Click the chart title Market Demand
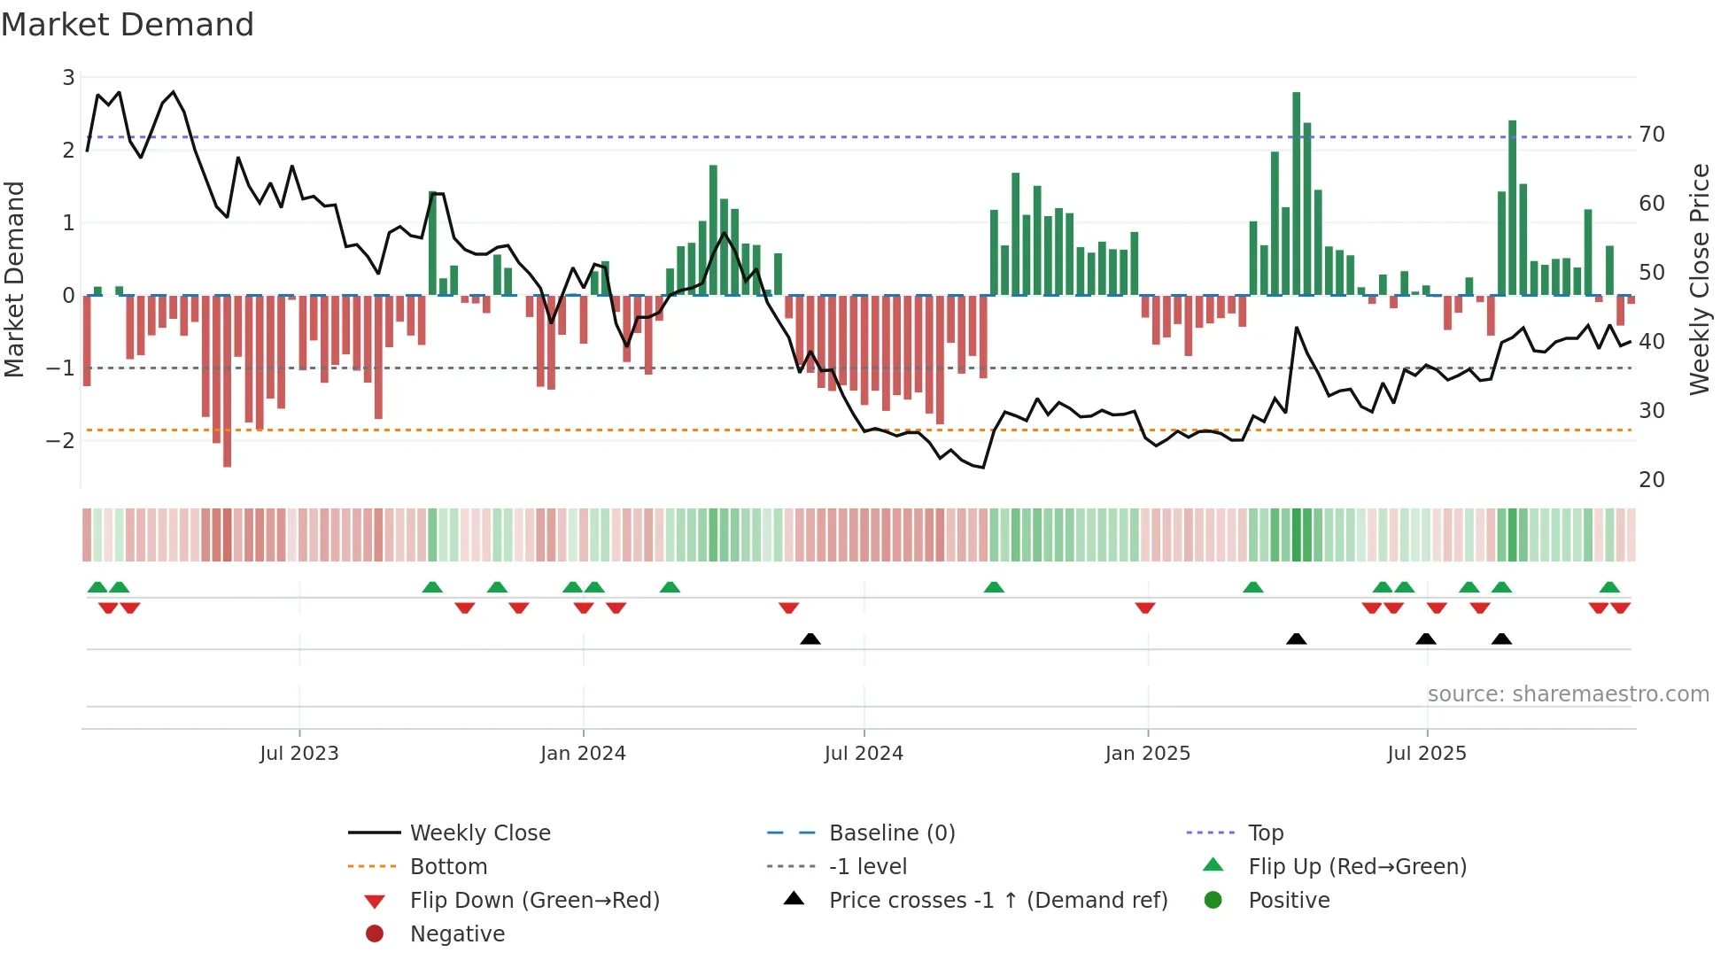pyautogui.click(x=128, y=25)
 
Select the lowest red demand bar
pyautogui.click(x=227, y=381)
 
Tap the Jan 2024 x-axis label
pyautogui.click(x=583, y=754)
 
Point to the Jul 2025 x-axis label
pyautogui.click(x=1426, y=754)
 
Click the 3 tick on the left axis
pyautogui.click(x=68, y=78)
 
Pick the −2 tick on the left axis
pyautogui.click(x=62, y=440)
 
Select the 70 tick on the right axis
pyautogui.click(x=1652, y=135)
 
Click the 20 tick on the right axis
pyautogui.click(x=1652, y=480)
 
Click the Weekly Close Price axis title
pyautogui.click(x=1699, y=279)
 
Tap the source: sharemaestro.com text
pyautogui.click(x=1568, y=694)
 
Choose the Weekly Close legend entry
pyautogui.click(x=479, y=833)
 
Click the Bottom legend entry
pyautogui.click(x=448, y=867)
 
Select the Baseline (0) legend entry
pyautogui.click(x=891, y=833)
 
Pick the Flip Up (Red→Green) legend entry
pyautogui.click(x=1357, y=867)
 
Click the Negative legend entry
pyautogui.click(x=457, y=934)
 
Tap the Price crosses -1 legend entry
pyautogui.click(x=997, y=901)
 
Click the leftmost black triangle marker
pyautogui.click(x=810, y=639)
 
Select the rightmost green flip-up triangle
pyautogui.click(x=1609, y=587)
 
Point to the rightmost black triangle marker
pyautogui.click(x=1501, y=639)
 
